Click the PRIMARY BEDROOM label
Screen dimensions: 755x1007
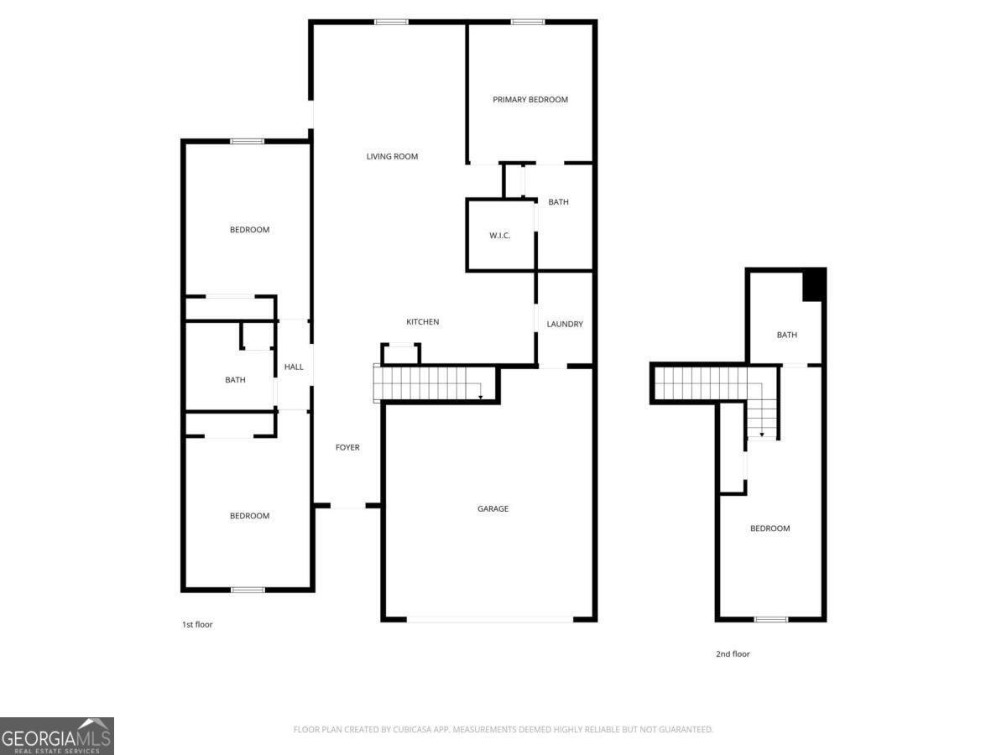click(x=530, y=100)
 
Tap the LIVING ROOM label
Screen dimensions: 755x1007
click(x=392, y=157)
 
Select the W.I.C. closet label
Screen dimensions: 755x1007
click(x=500, y=236)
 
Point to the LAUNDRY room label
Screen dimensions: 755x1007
click(x=565, y=325)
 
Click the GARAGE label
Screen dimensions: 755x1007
click(x=493, y=509)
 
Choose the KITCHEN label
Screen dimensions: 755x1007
click(x=422, y=322)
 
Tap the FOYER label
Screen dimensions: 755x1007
click(x=347, y=448)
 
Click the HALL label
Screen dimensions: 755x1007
click(x=294, y=367)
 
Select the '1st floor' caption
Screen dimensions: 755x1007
click(x=197, y=625)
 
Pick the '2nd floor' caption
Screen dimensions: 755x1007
click(x=733, y=654)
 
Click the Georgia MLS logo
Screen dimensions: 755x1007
click(x=57, y=736)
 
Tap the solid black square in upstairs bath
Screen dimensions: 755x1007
click(x=814, y=285)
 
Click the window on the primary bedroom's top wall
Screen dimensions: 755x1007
click(x=528, y=22)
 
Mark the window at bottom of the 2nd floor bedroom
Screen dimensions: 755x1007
click(x=770, y=620)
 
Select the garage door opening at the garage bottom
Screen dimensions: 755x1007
click(x=490, y=620)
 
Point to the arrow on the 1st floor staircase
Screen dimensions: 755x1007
click(x=480, y=395)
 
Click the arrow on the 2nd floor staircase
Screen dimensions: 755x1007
click(x=762, y=435)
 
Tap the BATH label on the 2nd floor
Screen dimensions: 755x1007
click(x=786, y=336)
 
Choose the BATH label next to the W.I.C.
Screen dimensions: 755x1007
click(x=558, y=202)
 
